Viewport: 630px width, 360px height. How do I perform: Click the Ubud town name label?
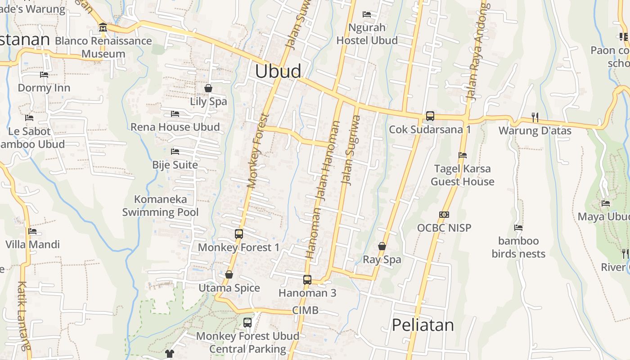tap(278, 72)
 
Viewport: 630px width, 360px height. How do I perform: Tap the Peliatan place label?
tap(423, 325)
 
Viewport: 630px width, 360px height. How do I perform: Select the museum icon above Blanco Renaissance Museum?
tap(103, 27)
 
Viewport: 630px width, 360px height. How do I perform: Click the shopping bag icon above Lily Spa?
tap(208, 88)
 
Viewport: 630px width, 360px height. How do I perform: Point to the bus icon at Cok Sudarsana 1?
tap(430, 116)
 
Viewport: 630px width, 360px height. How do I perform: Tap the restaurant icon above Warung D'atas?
tap(535, 117)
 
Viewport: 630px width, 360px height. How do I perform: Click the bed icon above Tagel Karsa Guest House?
tap(462, 155)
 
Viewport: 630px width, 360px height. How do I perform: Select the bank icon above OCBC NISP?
tap(444, 215)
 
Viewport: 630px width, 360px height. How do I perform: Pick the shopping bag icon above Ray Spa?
tap(382, 246)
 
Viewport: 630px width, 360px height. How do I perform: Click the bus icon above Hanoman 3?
tap(307, 279)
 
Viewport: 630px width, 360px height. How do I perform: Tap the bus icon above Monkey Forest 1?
tap(239, 234)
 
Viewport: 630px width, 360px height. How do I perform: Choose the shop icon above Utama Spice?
tap(229, 274)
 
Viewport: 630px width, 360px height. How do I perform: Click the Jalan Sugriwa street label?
tap(351, 150)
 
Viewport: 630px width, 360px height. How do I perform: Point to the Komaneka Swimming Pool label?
tap(161, 206)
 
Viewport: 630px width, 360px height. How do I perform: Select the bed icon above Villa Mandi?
tap(32, 231)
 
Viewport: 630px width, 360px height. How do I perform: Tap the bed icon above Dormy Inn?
tap(44, 75)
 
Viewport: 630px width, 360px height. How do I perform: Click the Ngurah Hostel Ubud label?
tap(367, 34)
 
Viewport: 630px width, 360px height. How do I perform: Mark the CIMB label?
tap(305, 310)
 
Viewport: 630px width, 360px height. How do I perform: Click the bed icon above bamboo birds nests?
tap(518, 228)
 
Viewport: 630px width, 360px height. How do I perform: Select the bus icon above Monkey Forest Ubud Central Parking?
tap(247, 322)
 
